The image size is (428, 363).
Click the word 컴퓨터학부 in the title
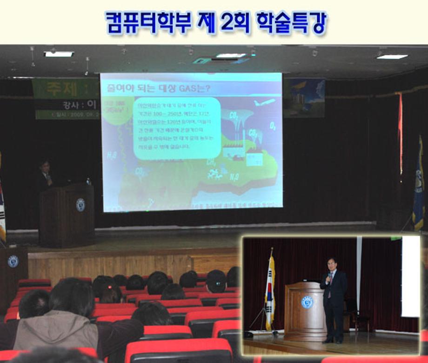coord(148,23)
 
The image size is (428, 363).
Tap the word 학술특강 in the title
coord(288,23)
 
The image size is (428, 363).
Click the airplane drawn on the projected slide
coord(264,102)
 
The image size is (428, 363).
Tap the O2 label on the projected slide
coord(273,126)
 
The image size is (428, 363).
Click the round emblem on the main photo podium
coord(80,205)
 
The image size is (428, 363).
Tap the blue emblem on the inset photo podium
coord(307,302)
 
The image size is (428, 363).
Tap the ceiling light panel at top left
coord(59,54)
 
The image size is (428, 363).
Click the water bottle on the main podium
coord(88,181)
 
